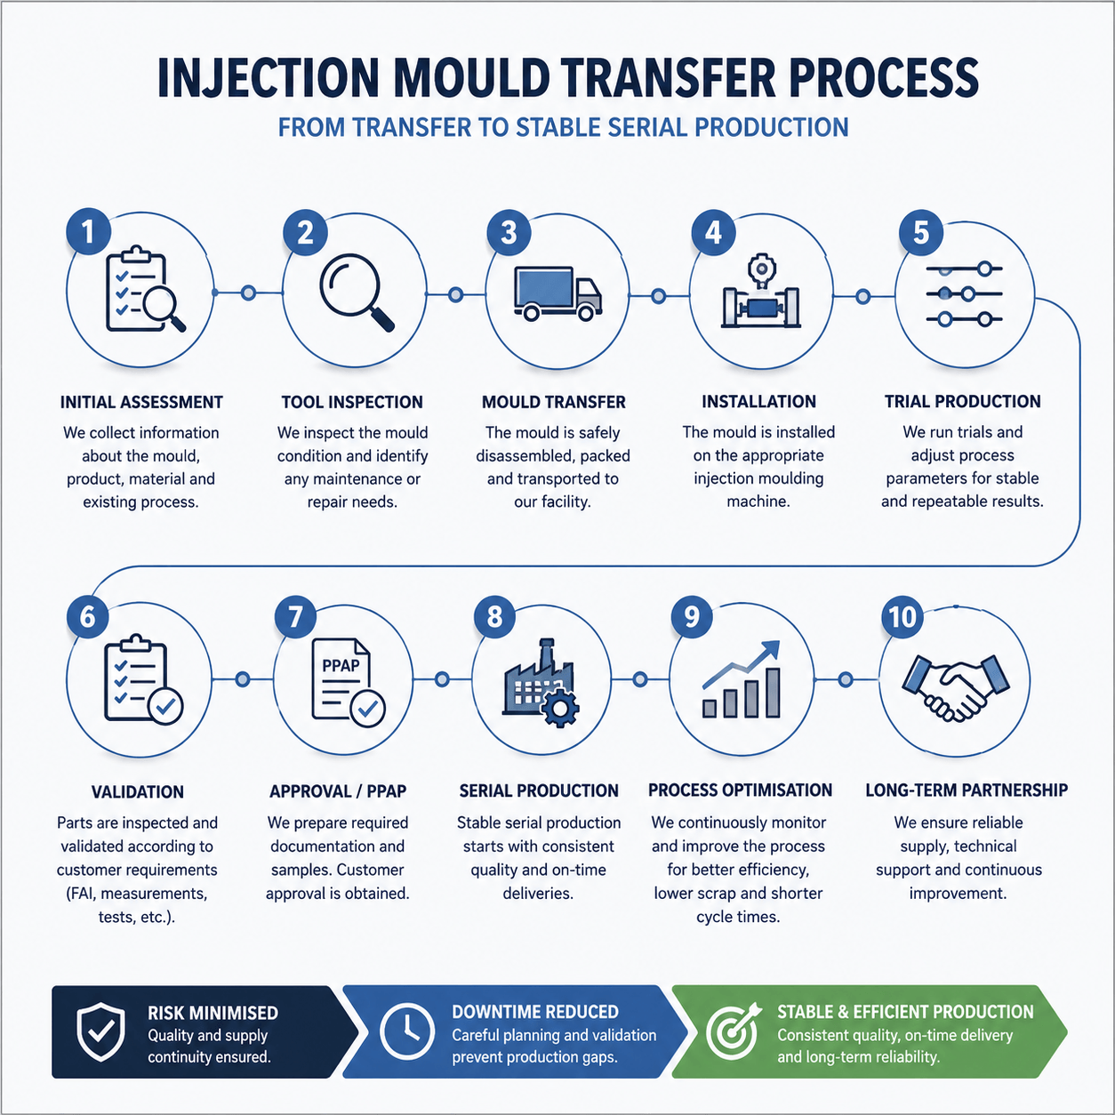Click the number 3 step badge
point(509,233)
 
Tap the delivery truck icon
point(557,293)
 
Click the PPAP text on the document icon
point(341,665)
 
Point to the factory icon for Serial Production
point(541,683)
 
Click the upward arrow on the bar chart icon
point(742,663)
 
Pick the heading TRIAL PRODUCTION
point(962,402)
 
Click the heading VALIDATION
point(138,791)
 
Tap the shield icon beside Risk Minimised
point(101,1031)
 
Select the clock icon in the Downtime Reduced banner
point(407,1031)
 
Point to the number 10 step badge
point(902,617)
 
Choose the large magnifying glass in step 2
point(357,293)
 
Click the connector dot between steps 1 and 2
point(248,293)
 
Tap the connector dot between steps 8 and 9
point(640,679)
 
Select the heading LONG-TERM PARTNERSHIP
point(967,790)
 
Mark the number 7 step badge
point(296,617)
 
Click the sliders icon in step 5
point(964,294)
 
